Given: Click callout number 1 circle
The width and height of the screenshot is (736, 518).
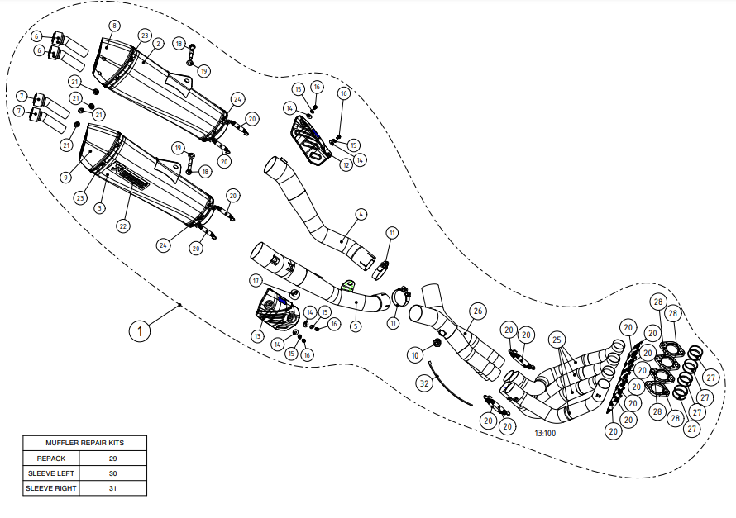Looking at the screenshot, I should coord(141,330).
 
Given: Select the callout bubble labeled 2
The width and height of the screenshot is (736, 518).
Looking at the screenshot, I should coord(158,43).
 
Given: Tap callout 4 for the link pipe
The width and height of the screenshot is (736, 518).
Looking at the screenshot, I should coord(361,214).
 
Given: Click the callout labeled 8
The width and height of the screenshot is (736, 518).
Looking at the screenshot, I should coord(114,26).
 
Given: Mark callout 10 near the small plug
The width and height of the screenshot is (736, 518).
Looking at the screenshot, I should coord(415,354).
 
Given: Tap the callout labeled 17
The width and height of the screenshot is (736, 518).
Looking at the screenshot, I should coord(256,281).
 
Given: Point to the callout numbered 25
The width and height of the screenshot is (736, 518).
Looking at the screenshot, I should coord(557,339).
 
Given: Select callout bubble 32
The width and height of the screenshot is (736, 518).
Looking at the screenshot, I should coord(424,383).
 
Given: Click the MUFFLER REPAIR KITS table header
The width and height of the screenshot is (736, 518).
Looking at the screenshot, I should coord(84,442).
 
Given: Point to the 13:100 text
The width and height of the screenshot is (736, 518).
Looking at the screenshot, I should coord(544,433).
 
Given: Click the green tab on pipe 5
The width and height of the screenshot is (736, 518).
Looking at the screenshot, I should coord(349,287).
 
